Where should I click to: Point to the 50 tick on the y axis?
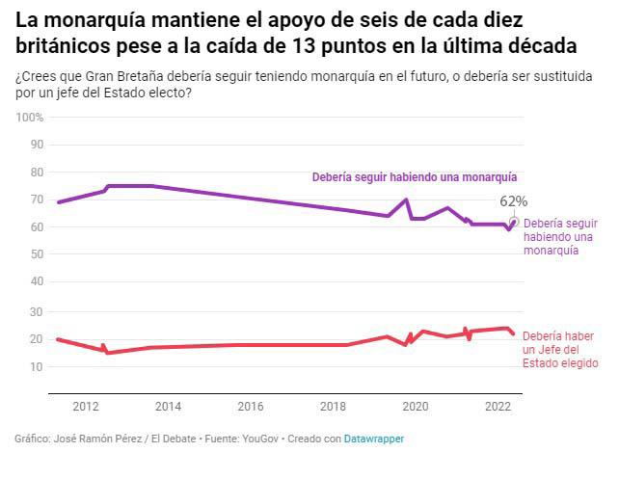tap(38, 255)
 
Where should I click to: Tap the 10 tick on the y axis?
tap(38, 367)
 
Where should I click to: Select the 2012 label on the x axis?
tap(86, 407)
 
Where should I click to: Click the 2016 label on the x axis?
tap(251, 407)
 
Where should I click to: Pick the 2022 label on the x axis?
tap(498, 407)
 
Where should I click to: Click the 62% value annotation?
tap(513, 201)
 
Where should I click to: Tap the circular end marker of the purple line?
tap(514, 222)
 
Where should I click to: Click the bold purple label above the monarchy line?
tap(415, 177)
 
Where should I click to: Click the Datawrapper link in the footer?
tap(374, 439)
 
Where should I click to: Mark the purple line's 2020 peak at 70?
tap(406, 200)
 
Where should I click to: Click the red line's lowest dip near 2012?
tap(107, 353)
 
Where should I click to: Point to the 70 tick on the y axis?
tap(38, 200)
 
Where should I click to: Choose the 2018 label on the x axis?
tap(333, 407)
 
